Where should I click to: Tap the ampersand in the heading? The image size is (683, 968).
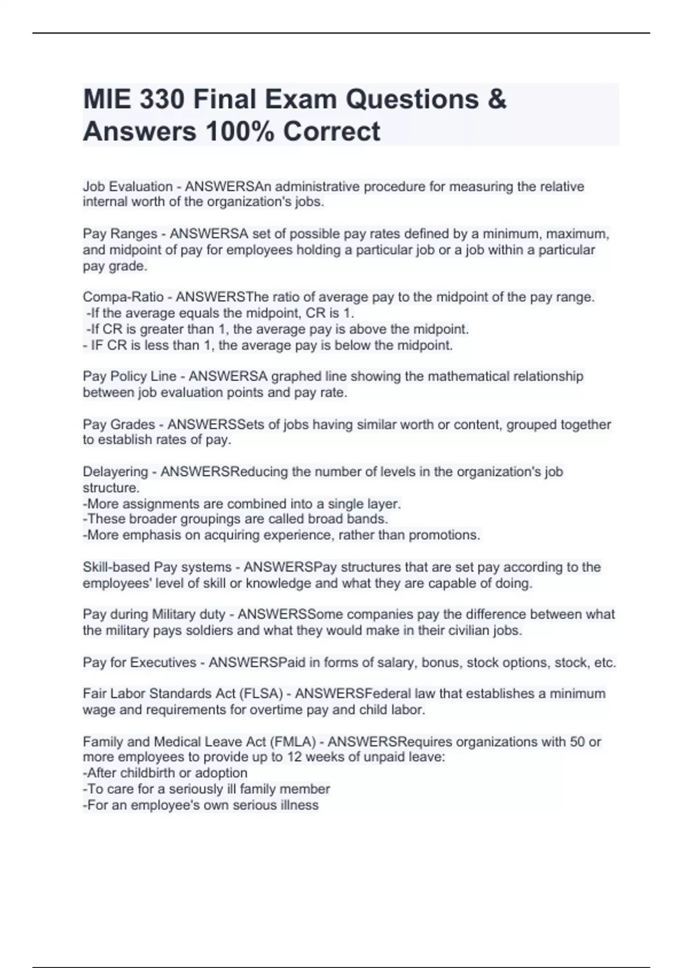point(496,100)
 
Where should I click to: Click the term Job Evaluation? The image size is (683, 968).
point(127,187)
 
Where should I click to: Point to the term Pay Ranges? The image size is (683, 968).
point(120,234)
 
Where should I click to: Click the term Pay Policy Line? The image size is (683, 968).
point(129,376)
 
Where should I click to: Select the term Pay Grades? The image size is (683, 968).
point(118,425)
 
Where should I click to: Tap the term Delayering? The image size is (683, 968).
point(115,472)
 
